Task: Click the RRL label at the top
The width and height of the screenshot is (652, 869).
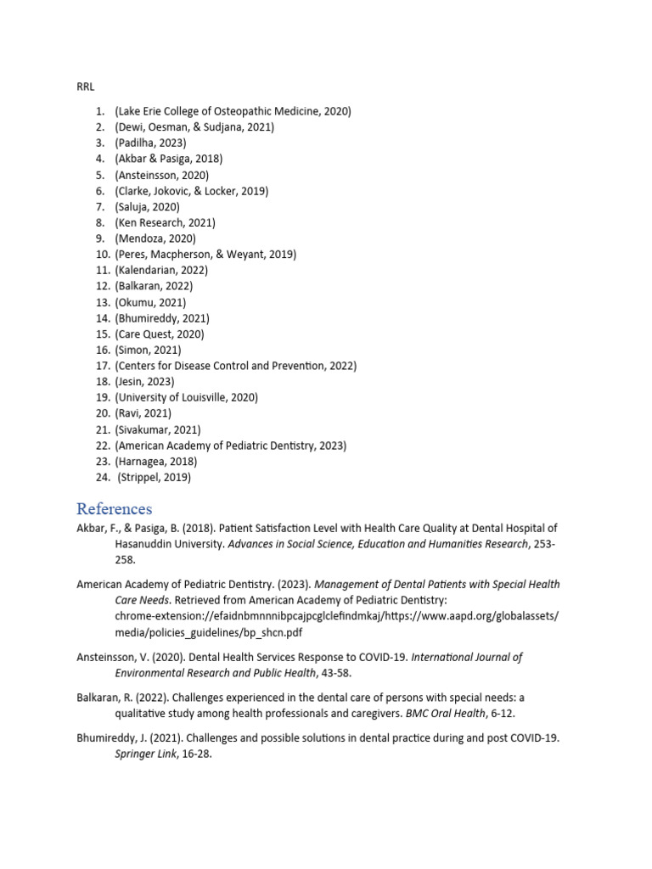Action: click(86, 87)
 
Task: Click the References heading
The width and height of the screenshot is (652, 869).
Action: click(114, 509)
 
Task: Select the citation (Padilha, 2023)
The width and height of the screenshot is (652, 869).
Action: click(150, 143)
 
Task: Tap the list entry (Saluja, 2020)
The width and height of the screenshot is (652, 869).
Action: click(147, 206)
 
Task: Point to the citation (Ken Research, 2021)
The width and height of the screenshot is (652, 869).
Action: click(165, 222)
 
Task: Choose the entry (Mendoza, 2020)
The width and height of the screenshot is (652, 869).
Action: click(155, 238)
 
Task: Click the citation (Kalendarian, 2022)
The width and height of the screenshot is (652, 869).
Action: click(161, 270)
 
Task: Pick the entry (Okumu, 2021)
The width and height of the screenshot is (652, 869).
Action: click(150, 302)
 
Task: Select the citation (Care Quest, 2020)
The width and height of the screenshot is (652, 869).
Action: click(160, 334)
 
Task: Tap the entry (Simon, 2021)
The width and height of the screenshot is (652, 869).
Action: click(148, 350)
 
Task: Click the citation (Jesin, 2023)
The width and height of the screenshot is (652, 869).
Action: click(144, 382)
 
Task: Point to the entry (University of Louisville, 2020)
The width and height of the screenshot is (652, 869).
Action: click(186, 397)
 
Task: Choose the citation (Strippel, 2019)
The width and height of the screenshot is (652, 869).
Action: click(155, 478)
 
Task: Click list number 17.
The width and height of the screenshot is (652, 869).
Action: click(103, 366)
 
